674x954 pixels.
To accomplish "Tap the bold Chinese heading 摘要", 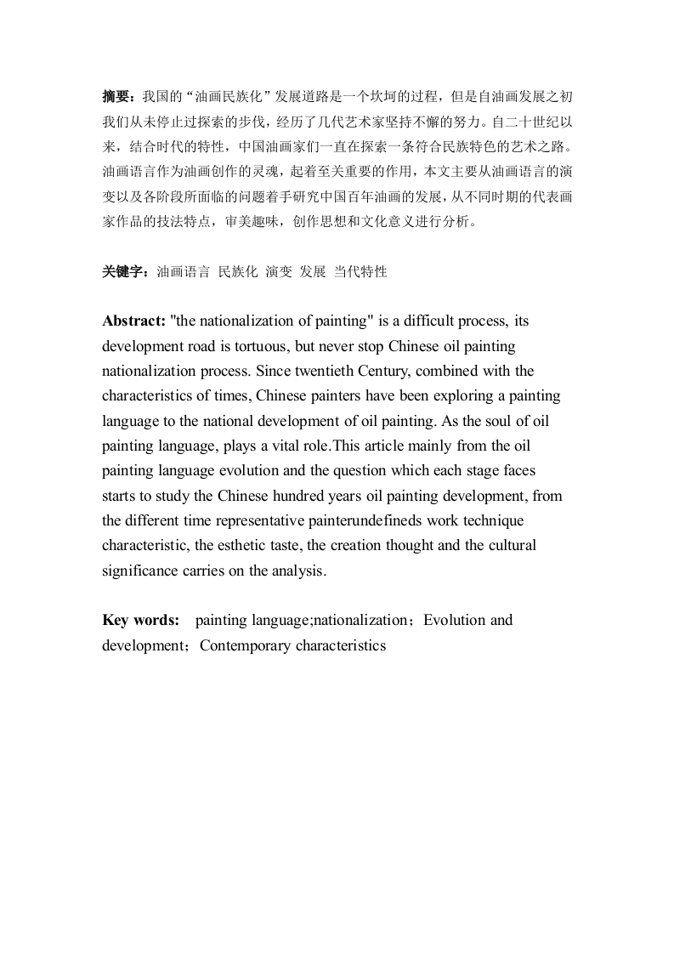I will [x=116, y=95].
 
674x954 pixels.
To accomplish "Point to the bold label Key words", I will [x=140, y=620].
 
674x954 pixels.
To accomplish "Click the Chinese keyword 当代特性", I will [x=360, y=272].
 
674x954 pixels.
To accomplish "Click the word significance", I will [x=141, y=571].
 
